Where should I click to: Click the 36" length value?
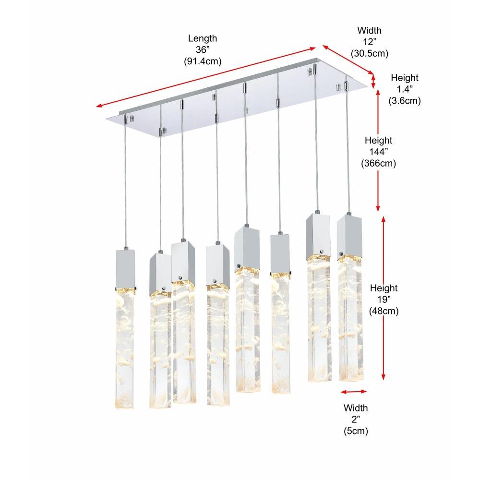203,49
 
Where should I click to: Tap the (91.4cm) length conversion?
203,61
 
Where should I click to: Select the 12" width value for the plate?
369,42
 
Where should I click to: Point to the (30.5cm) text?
369,53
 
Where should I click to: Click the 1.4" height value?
404,89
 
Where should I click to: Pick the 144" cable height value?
378,152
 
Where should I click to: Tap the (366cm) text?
378,163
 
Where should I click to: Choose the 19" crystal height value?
384,300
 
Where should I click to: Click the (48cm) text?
384,311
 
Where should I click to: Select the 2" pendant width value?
355,419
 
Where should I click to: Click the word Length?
203,38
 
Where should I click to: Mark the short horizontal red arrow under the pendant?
354,392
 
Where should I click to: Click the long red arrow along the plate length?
206,77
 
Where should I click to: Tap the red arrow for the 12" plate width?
348,60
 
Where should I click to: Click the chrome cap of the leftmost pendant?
125,269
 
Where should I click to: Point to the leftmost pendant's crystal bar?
125,348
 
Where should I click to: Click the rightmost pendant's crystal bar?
350,318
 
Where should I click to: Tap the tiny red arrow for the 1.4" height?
373,82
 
